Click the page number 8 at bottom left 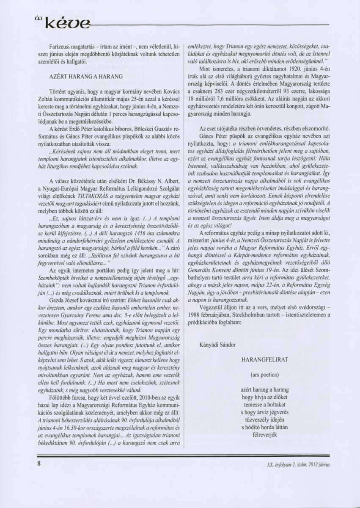[x=39, y=463]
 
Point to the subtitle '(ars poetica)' [x=264, y=375]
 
